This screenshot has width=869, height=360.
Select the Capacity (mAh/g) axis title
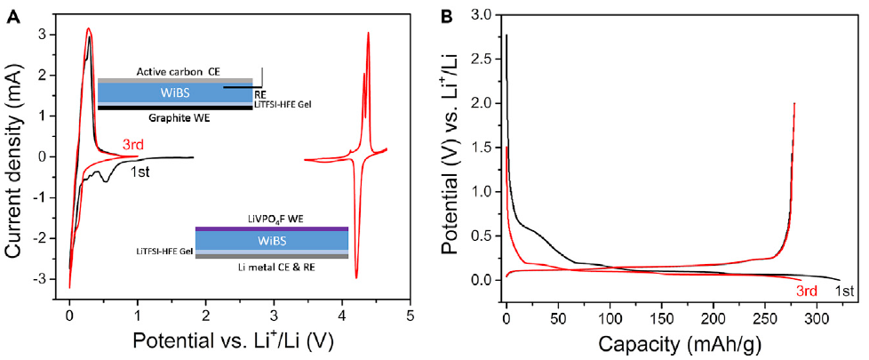tap(672, 341)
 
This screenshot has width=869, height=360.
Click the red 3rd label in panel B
tap(805, 290)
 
